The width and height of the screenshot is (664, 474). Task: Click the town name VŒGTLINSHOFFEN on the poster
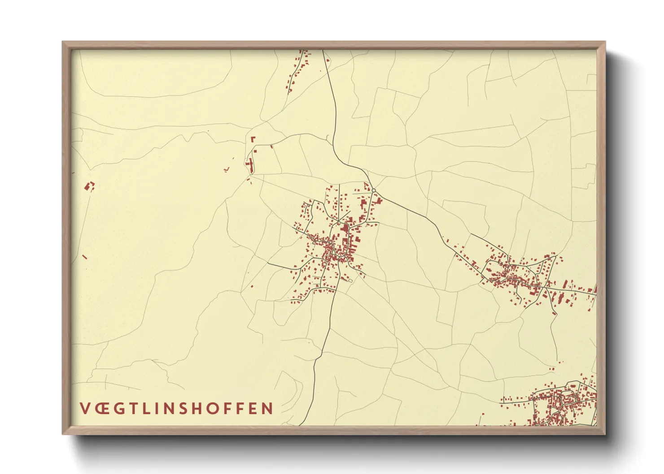177,408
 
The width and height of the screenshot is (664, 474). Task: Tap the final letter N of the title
268,408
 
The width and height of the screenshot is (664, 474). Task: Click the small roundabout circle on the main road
373,190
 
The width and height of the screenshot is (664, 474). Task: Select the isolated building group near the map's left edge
90,186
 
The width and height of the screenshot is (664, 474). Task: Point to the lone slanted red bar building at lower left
84,257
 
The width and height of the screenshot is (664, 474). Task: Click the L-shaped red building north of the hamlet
253,139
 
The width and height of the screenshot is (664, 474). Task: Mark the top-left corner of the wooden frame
63,42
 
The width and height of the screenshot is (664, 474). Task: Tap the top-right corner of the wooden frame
605,42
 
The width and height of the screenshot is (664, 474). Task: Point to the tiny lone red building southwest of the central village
251,286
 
